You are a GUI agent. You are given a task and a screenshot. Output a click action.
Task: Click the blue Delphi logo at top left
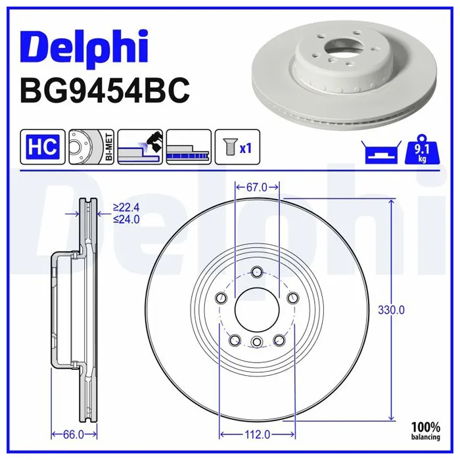tap(83, 49)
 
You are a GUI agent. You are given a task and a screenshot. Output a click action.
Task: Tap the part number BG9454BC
tap(104, 91)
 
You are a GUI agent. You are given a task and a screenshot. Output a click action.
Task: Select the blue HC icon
tap(43, 147)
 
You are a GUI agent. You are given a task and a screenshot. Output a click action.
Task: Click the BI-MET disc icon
tap(91, 147)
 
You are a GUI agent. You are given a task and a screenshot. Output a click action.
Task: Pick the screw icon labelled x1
tap(237, 147)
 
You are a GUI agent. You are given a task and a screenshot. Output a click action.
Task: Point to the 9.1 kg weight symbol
tap(422, 150)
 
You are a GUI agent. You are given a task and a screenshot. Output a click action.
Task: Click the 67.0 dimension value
tap(257, 187)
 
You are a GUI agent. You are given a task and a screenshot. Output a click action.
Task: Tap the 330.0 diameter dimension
tap(391, 310)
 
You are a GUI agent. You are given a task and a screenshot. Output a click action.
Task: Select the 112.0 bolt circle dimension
tap(258, 434)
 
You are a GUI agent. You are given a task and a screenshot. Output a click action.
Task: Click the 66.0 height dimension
tap(74, 434)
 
